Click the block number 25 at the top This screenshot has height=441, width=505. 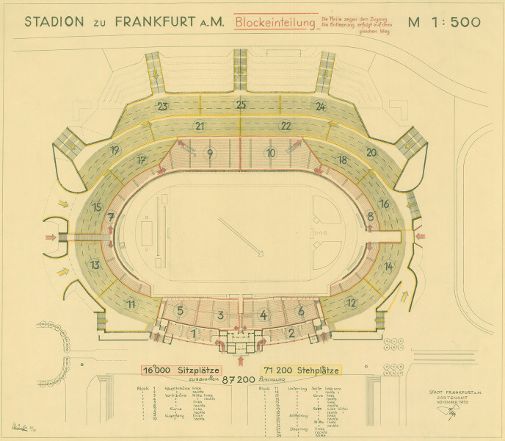pyautogui.click(x=241, y=105)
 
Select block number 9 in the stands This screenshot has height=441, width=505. pyautogui.click(x=210, y=153)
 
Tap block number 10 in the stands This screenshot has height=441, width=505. pyautogui.click(x=271, y=153)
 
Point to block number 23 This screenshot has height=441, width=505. pyautogui.click(x=162, y=106)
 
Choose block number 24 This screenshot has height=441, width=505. pyautogui.click(x=320, y=106)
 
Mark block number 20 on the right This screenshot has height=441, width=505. pyautogui.click(x=371, y=152)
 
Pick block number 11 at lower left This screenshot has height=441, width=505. pyautogui.click(x=131, y=304)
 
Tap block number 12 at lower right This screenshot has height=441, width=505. pyautogui.click(x=352, y=302)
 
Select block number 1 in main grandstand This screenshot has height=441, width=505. pyautogui.click(x=193, y=334)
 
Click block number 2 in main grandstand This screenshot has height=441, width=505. pyautogui.click(x=291, y=334)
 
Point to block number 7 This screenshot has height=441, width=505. pyautogui.click(x=110, y=217)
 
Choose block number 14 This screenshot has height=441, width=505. pyautogui.click(x=388, y=265)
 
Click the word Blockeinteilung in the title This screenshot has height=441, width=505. pyautogui.click(x=275, y=22)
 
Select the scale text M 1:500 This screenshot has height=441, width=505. pyautogui.click(x=444, y=21)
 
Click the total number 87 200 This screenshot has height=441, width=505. pyautogui.click(x=239, y=380)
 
